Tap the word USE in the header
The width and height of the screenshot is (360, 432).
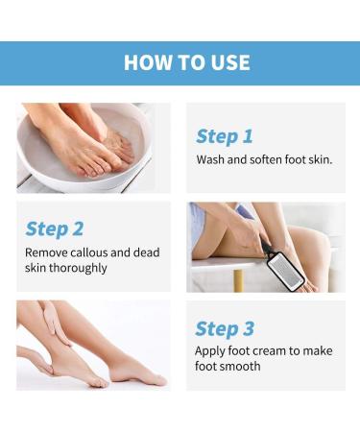[225, 63]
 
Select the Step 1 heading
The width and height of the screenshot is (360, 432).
[224, 136]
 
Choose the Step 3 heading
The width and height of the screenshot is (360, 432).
[224, 328]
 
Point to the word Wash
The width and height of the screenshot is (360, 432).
[212, 158]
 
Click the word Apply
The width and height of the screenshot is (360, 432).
[212, 351]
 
